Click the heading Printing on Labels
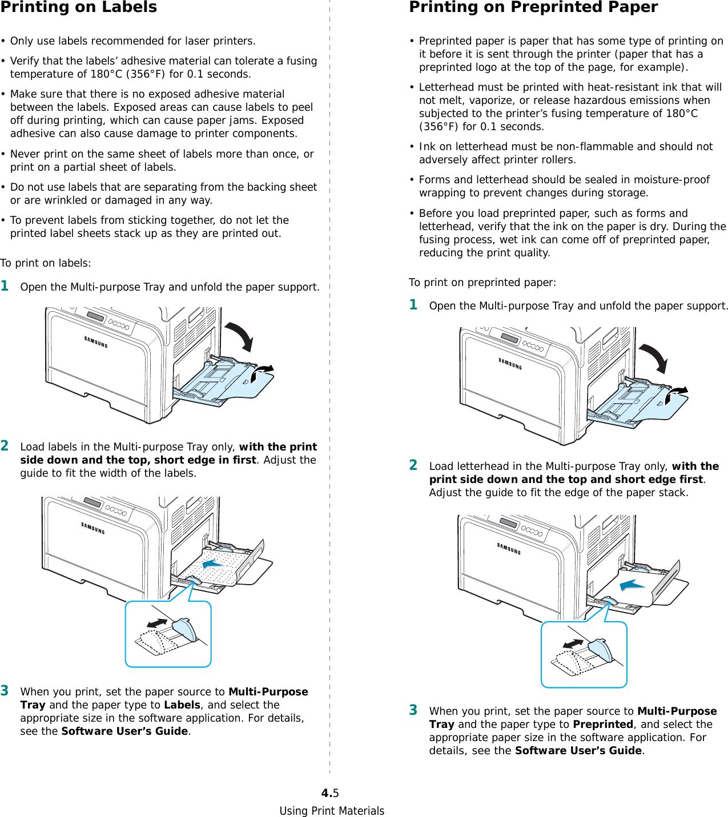78,7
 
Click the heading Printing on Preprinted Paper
533,7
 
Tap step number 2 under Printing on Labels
5,446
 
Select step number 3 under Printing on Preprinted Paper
413,710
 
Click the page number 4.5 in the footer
330,793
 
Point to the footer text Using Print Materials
332,811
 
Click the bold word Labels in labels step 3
182,705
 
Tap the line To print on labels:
46,263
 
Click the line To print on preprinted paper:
482,283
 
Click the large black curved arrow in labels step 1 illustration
240,336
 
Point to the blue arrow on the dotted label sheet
212,564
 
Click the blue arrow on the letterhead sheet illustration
632,585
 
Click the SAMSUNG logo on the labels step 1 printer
96,342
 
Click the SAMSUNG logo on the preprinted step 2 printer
509,549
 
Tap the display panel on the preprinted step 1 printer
510,339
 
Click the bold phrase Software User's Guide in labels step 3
125,731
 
